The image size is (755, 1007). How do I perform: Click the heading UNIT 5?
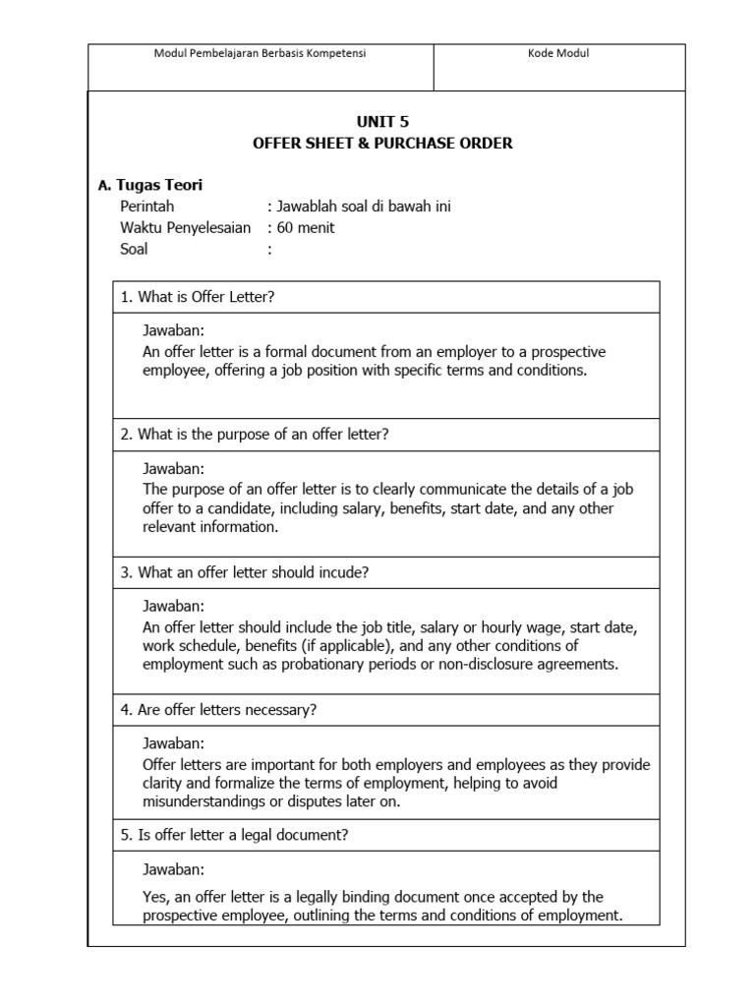click(x=382, y=122)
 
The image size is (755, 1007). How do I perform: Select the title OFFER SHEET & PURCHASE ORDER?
click(x=382, y=144)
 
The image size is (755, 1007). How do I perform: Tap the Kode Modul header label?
click(x=558, y=54)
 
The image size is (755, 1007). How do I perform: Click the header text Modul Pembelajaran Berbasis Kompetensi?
click(x=261, y=54)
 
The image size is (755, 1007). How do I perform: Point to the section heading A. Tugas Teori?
click(x=151, y=185)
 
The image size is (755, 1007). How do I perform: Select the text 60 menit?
click(x=306, y=228)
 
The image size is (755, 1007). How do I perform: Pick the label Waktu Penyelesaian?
click(x=186, y=228)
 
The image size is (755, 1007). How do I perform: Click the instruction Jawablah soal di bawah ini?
click(x=364, y=207)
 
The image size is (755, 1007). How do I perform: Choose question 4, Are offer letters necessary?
click(x=218, y=710)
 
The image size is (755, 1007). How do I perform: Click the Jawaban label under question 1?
click(x=174, y=330)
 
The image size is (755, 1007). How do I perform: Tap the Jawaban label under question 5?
click(x=174, y=869)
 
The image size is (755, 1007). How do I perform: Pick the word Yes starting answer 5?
click(x=155, y=897)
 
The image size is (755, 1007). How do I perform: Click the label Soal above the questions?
click(x=135, y=250)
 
